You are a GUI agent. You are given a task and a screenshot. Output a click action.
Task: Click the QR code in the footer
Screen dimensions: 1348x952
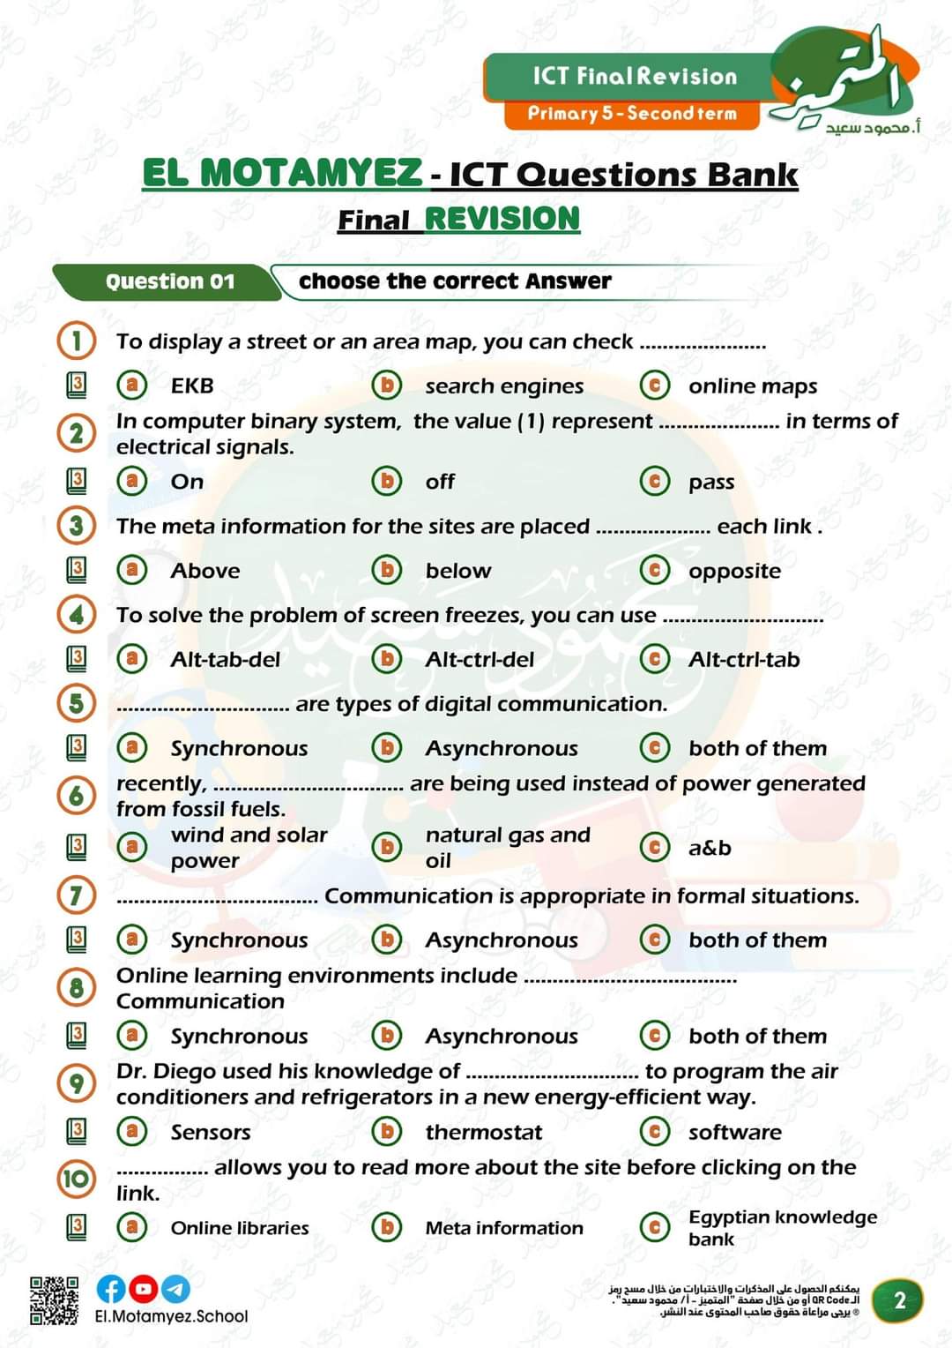point(54,1300)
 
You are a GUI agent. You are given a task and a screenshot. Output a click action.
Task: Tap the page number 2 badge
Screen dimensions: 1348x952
point(899,1300)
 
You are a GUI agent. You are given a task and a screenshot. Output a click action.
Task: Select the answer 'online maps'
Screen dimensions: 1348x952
point(752,386)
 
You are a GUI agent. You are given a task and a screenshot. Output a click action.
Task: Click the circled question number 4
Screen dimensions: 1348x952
point(77,614)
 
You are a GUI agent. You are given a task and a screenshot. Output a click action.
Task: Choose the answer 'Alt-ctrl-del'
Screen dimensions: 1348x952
point(479,660)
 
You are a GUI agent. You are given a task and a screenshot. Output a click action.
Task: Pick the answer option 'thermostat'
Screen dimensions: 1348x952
point(483,1132)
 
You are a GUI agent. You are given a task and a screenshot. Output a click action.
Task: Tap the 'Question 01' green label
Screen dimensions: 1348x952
point(169,281)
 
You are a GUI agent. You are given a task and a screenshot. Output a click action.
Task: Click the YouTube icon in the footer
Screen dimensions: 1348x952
point(144,1289)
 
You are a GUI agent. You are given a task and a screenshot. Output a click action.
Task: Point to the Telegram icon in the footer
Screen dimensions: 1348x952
point(176,1289)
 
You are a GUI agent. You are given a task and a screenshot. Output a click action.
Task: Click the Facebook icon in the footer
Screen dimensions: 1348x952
point(111,1289)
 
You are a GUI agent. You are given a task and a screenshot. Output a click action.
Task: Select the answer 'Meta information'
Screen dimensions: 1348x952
point(503,1228)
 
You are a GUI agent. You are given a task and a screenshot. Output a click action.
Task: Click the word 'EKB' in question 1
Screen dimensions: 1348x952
point(192,386)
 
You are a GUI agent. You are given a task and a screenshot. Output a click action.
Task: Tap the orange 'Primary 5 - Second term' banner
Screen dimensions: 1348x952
point(631,114)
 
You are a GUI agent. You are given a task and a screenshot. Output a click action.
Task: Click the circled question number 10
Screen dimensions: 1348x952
point(77,1179)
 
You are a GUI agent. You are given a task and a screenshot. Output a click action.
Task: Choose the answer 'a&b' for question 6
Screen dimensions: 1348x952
point(710,848)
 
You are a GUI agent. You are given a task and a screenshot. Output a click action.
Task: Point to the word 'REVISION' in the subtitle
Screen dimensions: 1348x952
point(502,219)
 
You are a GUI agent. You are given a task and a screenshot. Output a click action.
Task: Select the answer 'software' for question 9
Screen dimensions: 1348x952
point(734,1132)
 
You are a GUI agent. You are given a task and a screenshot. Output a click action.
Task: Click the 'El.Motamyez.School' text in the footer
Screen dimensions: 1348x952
point(171,1316)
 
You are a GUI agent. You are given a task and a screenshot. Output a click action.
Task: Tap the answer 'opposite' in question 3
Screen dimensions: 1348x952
point(734,571)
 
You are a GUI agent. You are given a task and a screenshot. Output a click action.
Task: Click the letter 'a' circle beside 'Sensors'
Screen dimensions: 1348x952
point(132,1131)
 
